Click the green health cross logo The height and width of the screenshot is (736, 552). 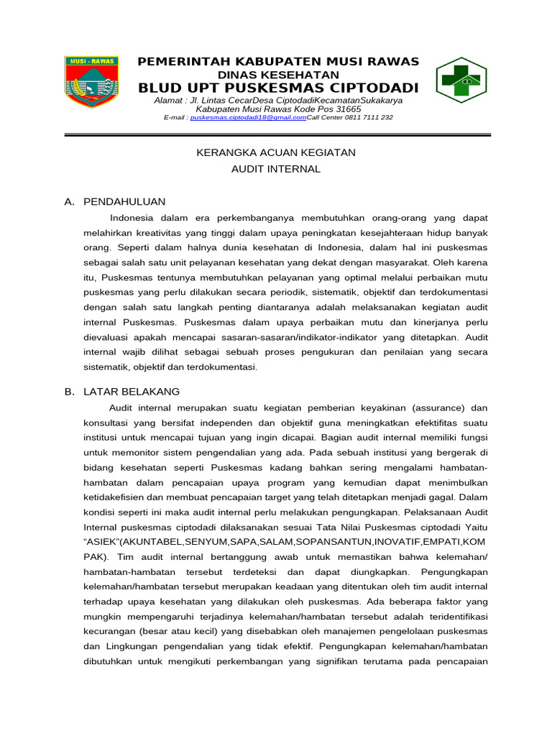(461, 80)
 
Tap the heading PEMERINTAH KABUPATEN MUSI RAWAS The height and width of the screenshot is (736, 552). (278, 61)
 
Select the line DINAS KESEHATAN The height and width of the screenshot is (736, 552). (278, 74)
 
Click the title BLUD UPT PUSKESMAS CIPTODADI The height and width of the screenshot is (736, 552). (278, 88)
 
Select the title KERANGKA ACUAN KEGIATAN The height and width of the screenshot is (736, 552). (276, 152)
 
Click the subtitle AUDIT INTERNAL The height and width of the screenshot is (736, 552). (276, 169)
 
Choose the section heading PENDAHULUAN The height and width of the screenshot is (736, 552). (124, 202)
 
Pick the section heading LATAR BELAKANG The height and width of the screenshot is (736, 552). (132, 392)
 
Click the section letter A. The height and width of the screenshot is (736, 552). (69, 202)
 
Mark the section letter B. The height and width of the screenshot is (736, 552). (69, 392)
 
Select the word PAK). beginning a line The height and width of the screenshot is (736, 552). (96, 557)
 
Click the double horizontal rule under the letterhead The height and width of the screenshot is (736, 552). (277, 134)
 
